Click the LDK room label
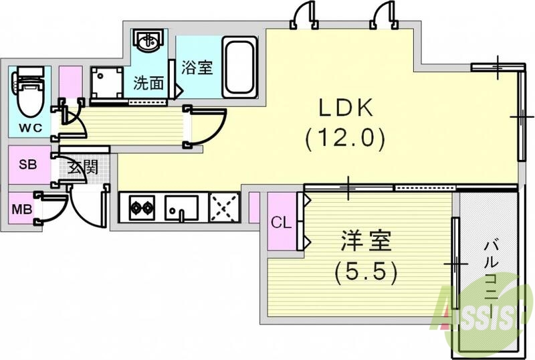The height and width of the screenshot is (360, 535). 344,109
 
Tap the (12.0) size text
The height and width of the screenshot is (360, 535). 344,139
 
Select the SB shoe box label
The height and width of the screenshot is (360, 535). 27,165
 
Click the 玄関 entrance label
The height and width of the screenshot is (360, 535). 83,167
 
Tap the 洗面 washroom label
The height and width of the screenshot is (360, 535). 148,84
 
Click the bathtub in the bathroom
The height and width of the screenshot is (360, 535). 239,66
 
